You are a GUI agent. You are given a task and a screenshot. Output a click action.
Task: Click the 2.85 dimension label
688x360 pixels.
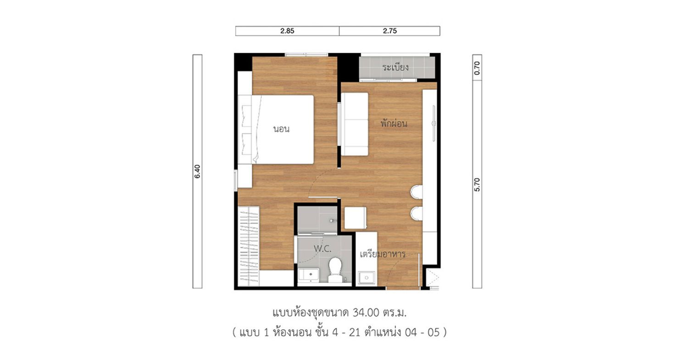tap(287, 31)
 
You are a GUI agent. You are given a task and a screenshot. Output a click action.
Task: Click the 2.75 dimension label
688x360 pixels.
tap(390, 31)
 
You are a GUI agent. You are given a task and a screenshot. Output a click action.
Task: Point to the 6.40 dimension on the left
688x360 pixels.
tap(197, 172)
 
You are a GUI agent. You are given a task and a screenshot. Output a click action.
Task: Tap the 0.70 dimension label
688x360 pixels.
tap(477, 68)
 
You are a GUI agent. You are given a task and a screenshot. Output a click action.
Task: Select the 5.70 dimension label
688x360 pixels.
tap(477, 185)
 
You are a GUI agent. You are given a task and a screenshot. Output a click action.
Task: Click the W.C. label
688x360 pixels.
tap(322, 249)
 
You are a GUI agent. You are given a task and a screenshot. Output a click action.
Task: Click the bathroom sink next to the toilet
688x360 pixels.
tap(309, 275)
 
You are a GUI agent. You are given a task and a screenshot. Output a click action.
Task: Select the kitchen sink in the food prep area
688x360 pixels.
tap(366, 278)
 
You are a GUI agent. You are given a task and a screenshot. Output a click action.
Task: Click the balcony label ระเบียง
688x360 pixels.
tap(395, 67)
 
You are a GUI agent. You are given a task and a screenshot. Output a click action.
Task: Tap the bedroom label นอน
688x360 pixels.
tap(281, 129)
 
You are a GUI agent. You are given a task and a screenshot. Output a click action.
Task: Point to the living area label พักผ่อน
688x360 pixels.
tap(394, 123)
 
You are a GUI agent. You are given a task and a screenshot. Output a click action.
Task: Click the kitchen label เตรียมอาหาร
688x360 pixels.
tap(383, 255)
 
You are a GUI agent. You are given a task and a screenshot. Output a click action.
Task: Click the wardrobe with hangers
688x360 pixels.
tap(249, 246)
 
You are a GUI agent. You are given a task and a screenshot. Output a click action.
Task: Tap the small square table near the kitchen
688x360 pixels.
tap(355, 218)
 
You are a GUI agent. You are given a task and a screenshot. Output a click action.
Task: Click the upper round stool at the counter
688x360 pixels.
tap(416, 192)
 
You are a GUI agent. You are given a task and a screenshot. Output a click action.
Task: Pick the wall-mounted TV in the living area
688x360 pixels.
tap(434, 123)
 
